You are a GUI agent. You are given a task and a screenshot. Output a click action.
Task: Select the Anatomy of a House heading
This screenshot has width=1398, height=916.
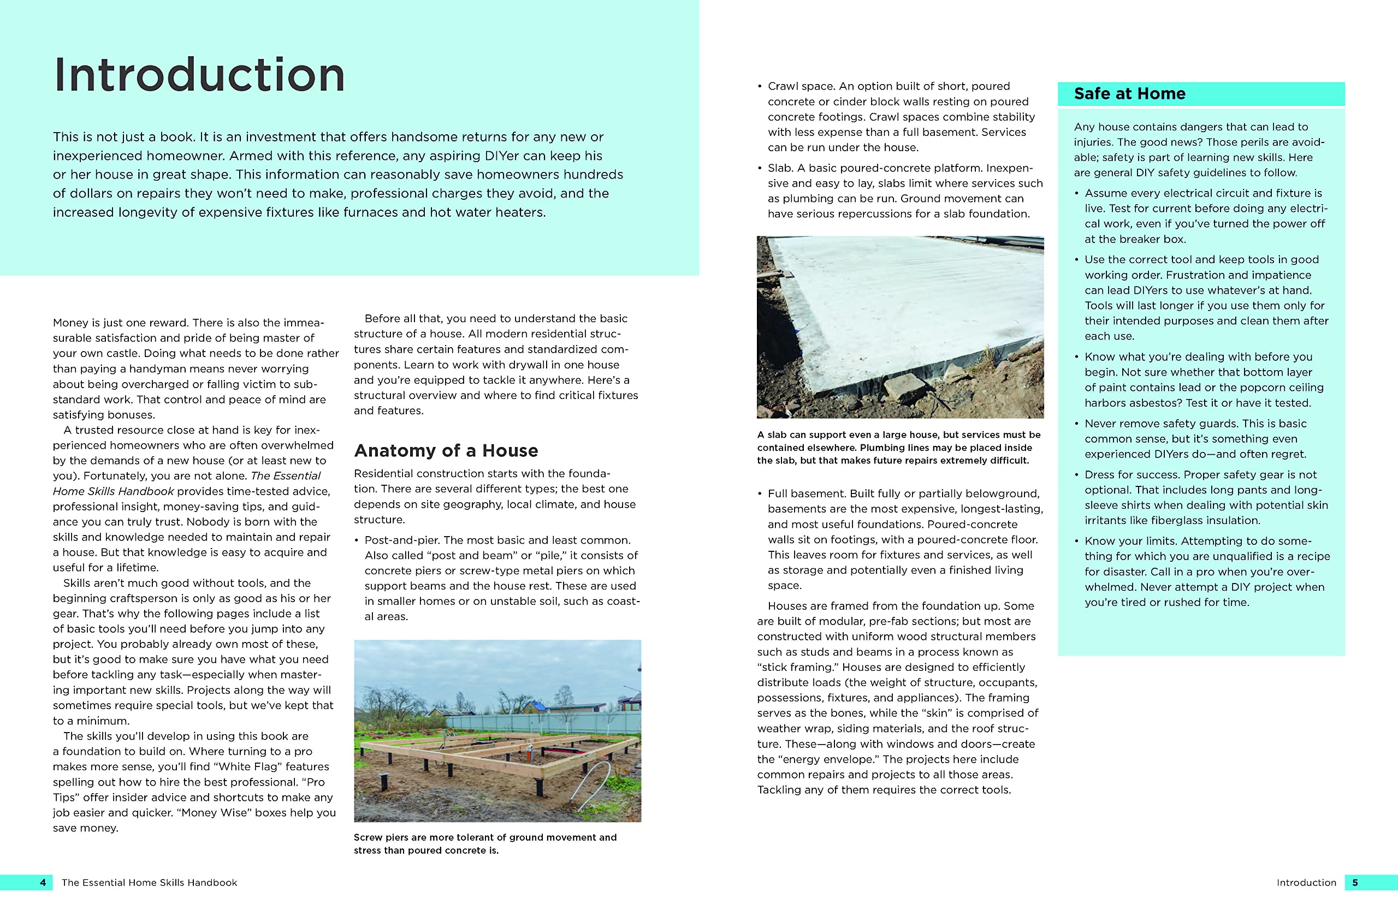pyautogui.click(x=446, y=450)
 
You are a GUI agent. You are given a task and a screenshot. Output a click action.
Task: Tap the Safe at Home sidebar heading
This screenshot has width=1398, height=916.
pyautogui.click(x=1129, y=94)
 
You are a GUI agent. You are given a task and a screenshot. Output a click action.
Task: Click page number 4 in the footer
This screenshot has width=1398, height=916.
pyautogui.click(x=43, y=883)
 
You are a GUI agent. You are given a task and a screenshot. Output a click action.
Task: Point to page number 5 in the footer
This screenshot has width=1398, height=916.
pyautogui.click(x=1355, y=883)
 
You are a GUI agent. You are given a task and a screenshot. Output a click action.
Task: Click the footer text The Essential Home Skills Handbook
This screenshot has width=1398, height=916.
pyautogui.click(x=149, y=883)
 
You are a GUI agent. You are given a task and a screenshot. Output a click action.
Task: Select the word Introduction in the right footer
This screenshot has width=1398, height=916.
pyautogui.click(x=1306, y=883)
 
